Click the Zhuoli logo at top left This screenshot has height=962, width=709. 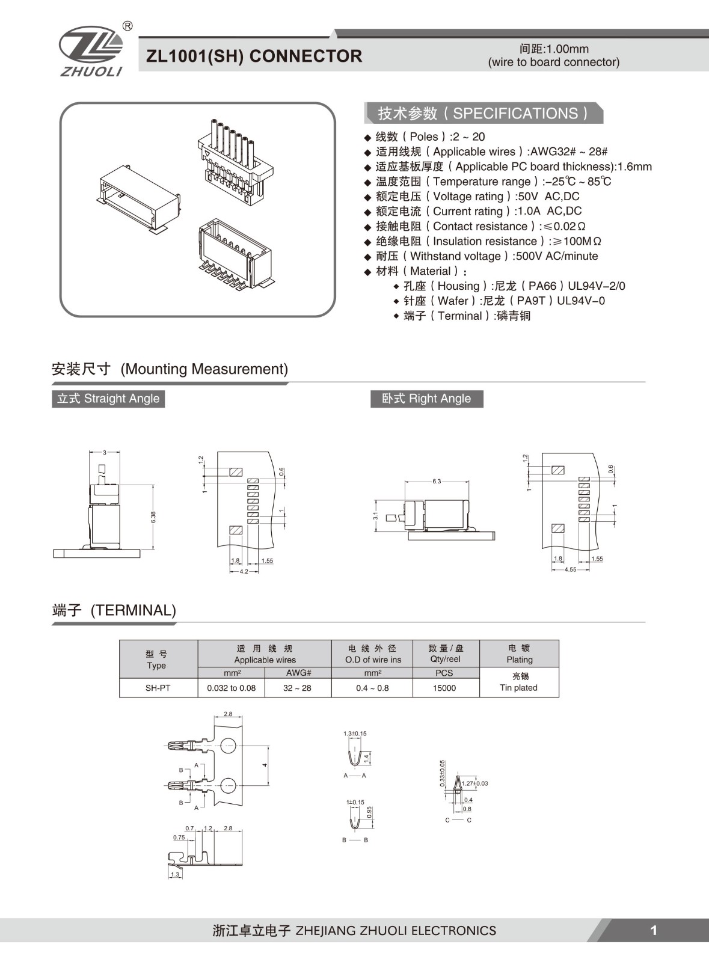coord(91,51)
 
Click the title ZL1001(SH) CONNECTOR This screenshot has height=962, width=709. coord(254,56)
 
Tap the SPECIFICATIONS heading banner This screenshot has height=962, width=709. coord(483,113)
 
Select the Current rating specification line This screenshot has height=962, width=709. coord(478,211)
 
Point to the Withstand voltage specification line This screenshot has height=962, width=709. coord(486,256)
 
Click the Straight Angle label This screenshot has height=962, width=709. coord(108,399)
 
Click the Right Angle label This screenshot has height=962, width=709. coord(426,399)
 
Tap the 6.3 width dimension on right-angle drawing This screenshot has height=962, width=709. coord(437,481)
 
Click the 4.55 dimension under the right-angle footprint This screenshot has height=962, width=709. coord(570,569)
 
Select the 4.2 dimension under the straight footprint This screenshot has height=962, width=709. coord(244,571)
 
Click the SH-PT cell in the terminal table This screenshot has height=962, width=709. coord(158,688)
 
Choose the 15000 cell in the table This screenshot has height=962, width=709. coord(444,688)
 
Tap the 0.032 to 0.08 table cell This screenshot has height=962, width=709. coord(231,688)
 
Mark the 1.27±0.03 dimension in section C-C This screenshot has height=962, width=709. coord(474,783)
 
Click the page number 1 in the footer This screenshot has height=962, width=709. coord(654,931)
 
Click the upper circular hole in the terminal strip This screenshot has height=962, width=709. coord(228,746)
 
